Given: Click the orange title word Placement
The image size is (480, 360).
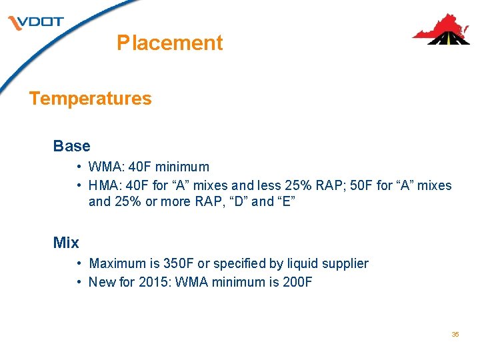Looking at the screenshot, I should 169,43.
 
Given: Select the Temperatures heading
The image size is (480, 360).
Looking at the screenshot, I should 91,99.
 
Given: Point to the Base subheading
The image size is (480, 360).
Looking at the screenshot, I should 71,145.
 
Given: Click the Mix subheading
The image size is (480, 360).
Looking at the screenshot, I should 66,243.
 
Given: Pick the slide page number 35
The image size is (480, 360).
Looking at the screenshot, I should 455,334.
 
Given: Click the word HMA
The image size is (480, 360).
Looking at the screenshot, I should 104,185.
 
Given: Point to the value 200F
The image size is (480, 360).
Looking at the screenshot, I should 296,282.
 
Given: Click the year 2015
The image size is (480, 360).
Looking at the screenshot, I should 155,282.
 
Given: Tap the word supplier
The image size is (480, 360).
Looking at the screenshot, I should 345,263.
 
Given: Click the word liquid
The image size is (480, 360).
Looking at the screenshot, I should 300,263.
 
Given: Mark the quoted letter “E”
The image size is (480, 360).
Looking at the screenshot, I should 284,201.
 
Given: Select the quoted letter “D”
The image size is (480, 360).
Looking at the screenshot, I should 239,201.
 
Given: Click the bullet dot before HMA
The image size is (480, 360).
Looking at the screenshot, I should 79,185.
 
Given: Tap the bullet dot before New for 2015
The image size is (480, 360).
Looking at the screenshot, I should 79,282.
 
